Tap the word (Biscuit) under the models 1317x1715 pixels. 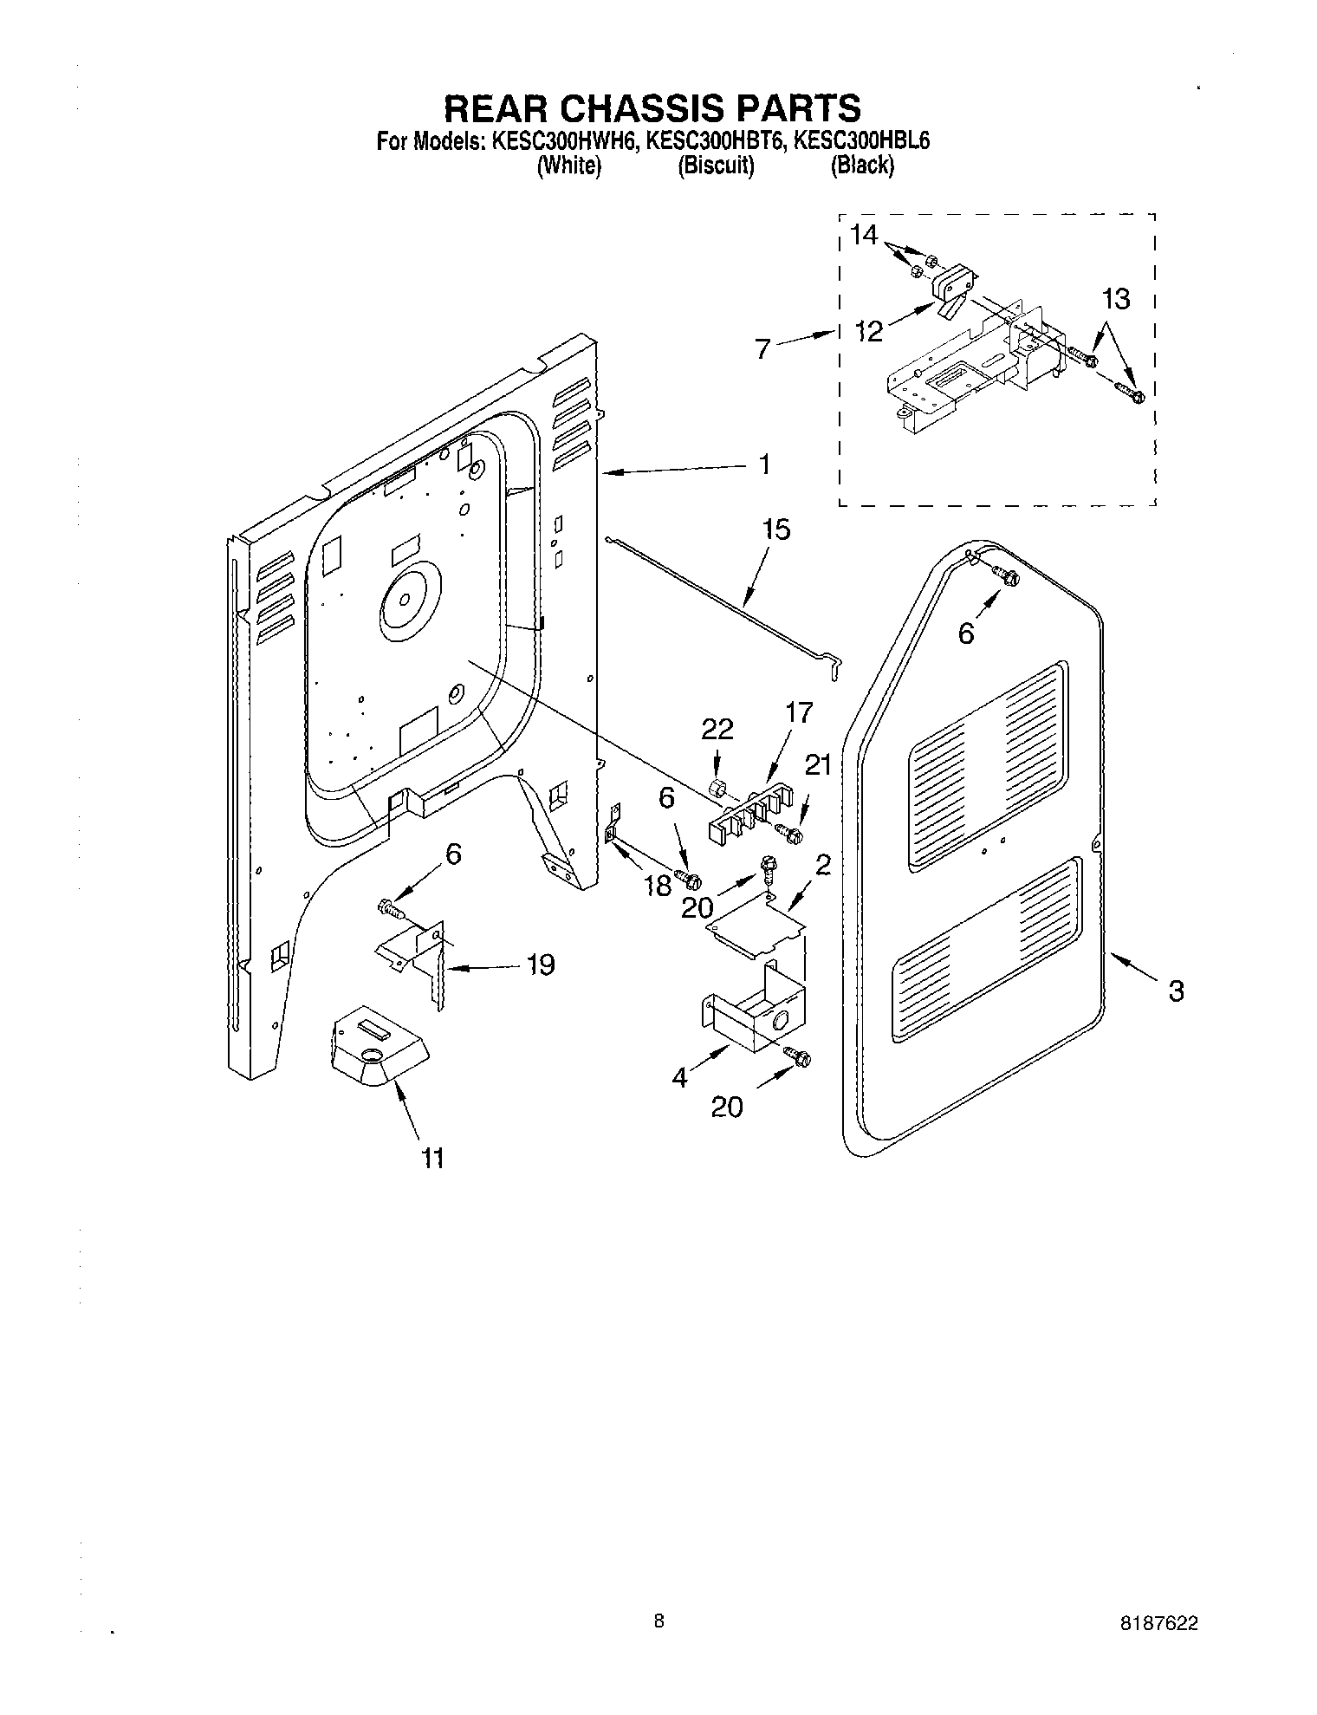pos(715,166)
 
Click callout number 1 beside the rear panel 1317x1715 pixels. pos(764,464)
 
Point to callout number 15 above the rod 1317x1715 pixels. pos(775,529)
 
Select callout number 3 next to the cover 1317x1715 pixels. pos(1175,991)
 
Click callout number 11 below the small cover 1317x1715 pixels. pos(432,1157)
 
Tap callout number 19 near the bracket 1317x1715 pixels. pos(541,965)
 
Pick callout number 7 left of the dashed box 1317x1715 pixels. pos(762,349)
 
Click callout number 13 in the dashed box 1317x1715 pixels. pos(1116,300)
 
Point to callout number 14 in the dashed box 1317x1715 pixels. pos(863,235)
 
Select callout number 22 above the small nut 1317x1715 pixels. pos(718,730)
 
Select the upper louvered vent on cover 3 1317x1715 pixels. pos(988,766)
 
